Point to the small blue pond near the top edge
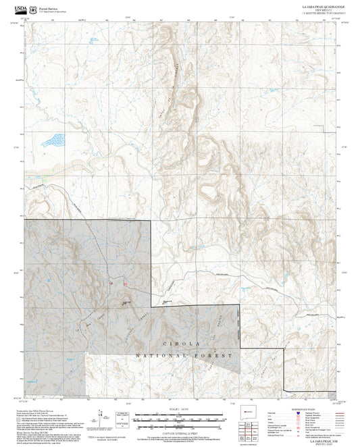pyautogui.click(x=84, y=22)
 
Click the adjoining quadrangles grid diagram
pyautogui.click(x=254, y=429)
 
